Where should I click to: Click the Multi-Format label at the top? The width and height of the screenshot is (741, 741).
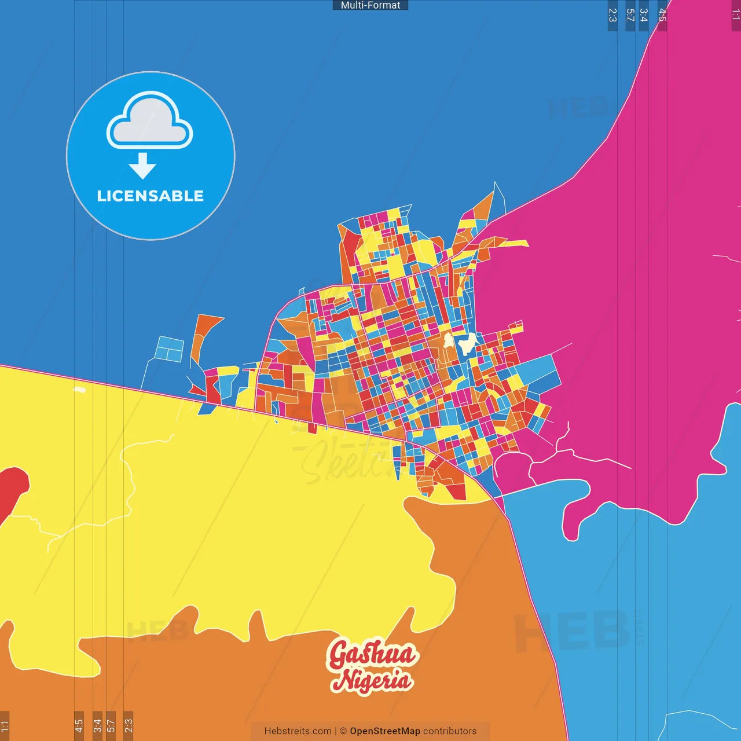370,5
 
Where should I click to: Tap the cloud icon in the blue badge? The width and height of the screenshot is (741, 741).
149,120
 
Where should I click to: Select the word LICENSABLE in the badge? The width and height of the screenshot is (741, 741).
151,196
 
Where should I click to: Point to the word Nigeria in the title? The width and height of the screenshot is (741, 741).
372,680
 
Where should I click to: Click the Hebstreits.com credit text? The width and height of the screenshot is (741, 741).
298,731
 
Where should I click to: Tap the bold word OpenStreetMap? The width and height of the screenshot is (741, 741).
385,731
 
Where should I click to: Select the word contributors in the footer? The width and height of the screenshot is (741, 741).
450,731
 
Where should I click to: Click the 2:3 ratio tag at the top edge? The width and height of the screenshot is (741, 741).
612,15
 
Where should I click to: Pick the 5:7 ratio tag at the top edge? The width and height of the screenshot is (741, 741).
630,15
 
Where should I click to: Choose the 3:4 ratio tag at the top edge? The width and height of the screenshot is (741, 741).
643,15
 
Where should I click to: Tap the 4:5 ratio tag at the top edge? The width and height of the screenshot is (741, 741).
662,15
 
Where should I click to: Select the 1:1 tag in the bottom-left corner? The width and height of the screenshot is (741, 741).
5,726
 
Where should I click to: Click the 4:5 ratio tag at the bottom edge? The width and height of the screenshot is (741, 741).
79,726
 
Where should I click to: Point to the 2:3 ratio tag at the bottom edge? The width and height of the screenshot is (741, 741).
128,726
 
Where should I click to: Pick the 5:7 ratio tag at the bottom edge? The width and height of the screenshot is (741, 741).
111,726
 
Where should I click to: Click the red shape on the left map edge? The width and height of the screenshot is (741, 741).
12,489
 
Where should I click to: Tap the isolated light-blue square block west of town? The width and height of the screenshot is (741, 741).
170,349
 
